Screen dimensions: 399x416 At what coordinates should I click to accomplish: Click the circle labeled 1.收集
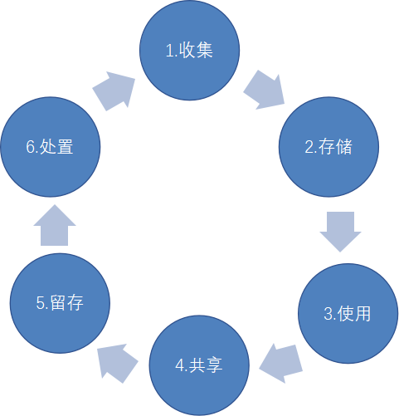tap(189, 50)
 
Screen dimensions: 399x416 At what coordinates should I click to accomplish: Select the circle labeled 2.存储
tap(328, 147)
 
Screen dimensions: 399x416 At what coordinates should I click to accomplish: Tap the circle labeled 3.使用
tap(348, 313)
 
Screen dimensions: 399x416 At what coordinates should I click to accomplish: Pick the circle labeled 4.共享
tap(199, 365)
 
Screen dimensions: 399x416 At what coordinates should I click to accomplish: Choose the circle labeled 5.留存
tap(60, 303)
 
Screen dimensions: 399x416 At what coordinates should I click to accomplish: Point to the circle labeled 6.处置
tap(51, 147)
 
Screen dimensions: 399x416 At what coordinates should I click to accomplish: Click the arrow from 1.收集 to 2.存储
tap(265, 90)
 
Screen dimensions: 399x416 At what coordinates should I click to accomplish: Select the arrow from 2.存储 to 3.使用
tap(340, 232)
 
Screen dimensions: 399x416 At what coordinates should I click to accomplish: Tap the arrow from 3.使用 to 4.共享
tap(280, 363)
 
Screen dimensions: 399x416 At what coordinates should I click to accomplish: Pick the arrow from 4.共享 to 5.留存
tap(118, 363)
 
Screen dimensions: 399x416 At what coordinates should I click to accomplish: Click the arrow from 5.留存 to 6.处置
tap(55, 225)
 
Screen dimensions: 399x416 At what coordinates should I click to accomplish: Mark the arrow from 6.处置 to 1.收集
tap(114, 91)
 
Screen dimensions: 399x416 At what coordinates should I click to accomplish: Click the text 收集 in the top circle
tap(196, 51)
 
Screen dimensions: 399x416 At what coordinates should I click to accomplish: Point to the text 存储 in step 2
tap(335, 147)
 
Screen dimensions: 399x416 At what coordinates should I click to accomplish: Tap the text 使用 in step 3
tap(354, 313)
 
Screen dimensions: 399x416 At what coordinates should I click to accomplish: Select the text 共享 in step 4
tap(206, 365)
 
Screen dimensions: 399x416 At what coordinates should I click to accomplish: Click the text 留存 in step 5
tap(66, 302)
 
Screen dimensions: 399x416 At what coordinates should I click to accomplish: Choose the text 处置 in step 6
tap(56, 146)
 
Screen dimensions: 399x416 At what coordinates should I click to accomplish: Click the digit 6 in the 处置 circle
tap(30, 147)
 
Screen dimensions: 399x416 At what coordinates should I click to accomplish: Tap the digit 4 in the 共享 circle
tap(179, 365)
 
